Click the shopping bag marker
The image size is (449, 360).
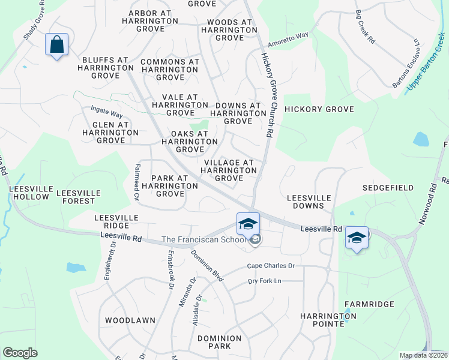click(x=56, y=45)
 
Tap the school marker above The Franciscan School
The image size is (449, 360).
click(x=248, y=224)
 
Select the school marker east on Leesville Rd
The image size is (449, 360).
click(x=357, y=238)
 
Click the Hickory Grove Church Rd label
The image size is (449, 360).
click(x=267, y=93)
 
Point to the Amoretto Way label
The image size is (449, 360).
click(x=288, y=39)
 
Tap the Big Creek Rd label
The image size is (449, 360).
click(x=364, y=26)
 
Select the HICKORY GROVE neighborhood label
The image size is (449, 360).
click(x=319, y=109)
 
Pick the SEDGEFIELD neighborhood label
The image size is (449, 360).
click(x=388, y=188)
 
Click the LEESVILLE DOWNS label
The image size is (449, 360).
click(x=309, y=202)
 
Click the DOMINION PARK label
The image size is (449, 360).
click(x=219, y=343)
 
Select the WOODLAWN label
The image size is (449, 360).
click(x=130, y=320)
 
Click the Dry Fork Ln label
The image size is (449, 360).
click(x=265, y=281)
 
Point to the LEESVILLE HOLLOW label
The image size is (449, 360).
click(x=29, y=193)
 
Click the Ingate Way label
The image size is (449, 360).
click(x=106, y=111)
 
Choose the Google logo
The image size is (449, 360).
click(x=20, y=353)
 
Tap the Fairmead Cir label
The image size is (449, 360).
click(x=137, y=181)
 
